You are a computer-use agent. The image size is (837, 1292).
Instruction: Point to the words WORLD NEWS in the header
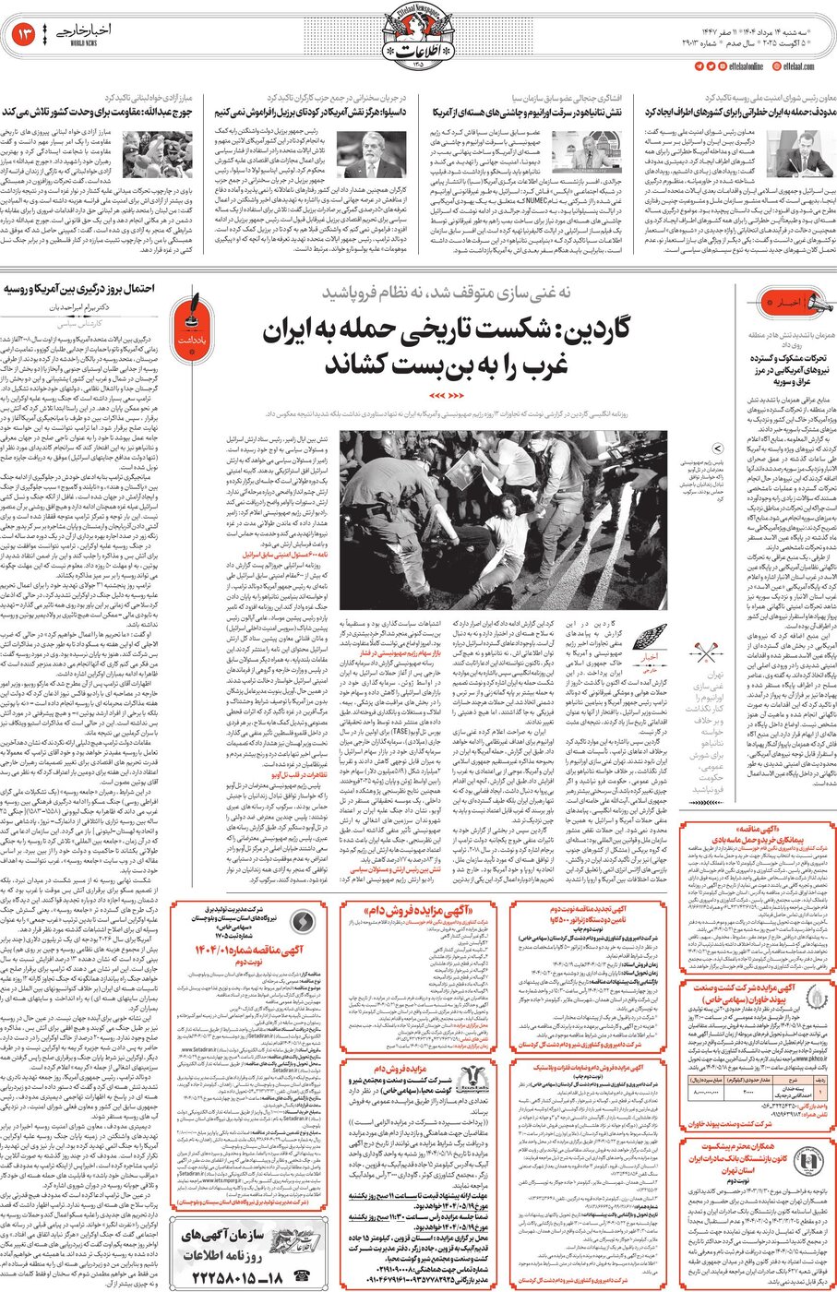tap(84, 43)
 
